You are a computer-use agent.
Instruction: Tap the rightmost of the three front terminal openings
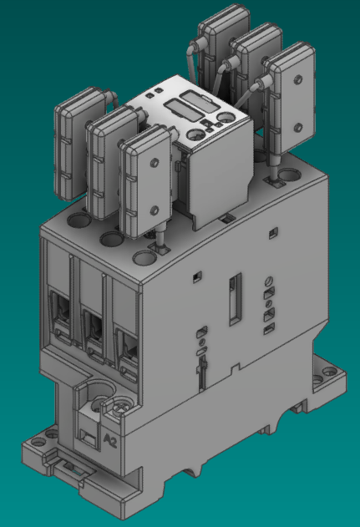[124, 341]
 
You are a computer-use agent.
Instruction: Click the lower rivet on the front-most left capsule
[155, 209]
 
